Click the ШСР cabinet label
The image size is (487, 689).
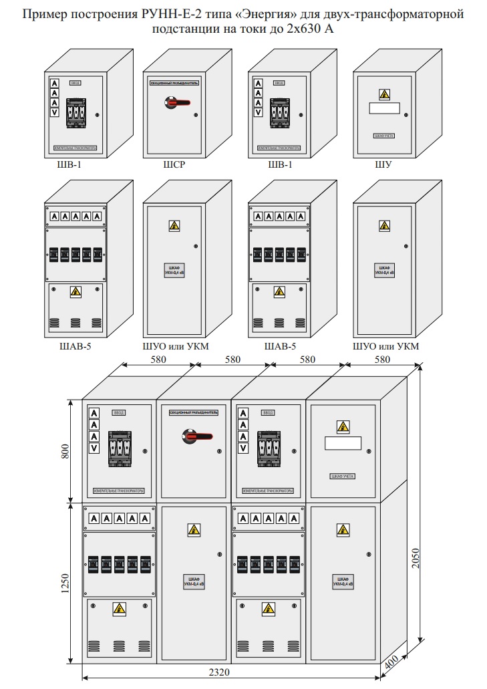pyautogui.click(x=173, y=166)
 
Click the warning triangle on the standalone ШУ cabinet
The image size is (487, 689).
pyautogui.click(x=383, y=95)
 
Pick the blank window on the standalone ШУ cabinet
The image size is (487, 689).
pyautogui.click(x=383, y=109)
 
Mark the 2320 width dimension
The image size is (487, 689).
pyautogui.click(x=226, y=673)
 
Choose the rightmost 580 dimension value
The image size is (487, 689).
pyautogui.click(x=383, y=360)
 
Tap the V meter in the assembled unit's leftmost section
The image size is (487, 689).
pyautogui.click(x=94, y=448)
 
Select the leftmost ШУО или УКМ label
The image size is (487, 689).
pyautogui.click(x=173, y=346)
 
